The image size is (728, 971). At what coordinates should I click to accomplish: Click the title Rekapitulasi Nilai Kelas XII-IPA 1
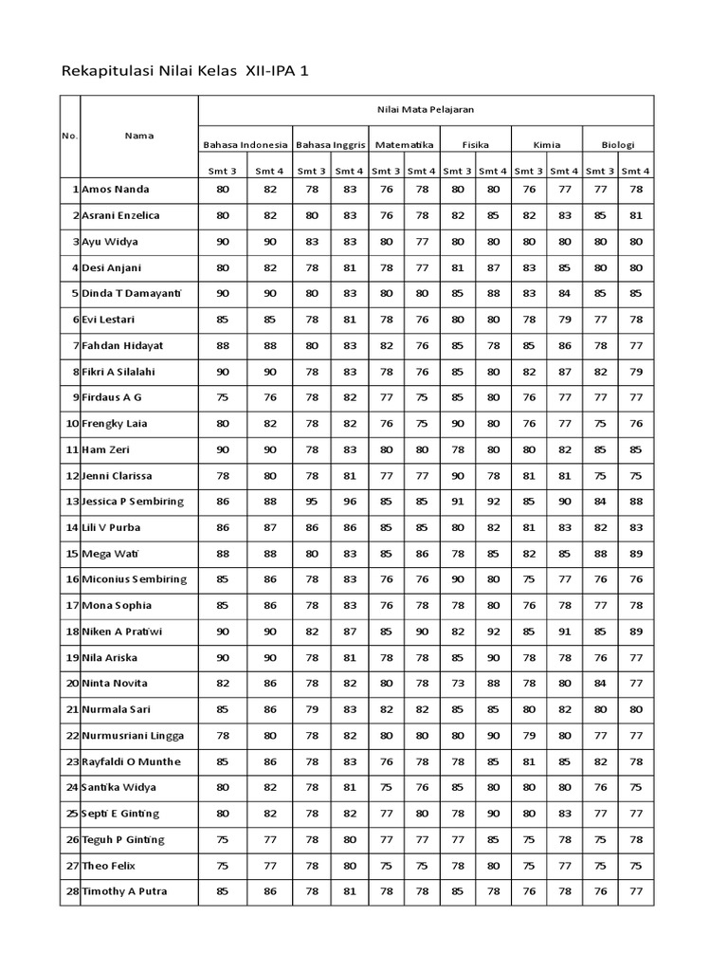pos(185,71)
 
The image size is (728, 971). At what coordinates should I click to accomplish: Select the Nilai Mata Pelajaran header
pos(425,110)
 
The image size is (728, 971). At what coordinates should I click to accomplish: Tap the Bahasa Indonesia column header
pos(245,145)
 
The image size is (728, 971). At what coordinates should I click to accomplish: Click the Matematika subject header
pos(404,145)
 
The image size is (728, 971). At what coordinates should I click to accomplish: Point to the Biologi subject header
pos(618,145)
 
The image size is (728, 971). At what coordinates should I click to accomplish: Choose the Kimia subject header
pos(547,145)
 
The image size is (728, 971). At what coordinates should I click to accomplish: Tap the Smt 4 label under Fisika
pos(493,171)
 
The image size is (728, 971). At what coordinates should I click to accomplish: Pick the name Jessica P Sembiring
pos(133,502)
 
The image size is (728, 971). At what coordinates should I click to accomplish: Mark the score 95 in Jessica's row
pos(312,502)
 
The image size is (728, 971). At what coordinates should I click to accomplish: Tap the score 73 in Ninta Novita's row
pos(457,684)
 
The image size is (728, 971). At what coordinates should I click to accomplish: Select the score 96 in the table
pos(349,502)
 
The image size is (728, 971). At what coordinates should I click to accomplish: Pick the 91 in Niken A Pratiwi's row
pos(564,632)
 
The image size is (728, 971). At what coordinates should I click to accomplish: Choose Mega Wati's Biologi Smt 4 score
pos(635,553)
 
